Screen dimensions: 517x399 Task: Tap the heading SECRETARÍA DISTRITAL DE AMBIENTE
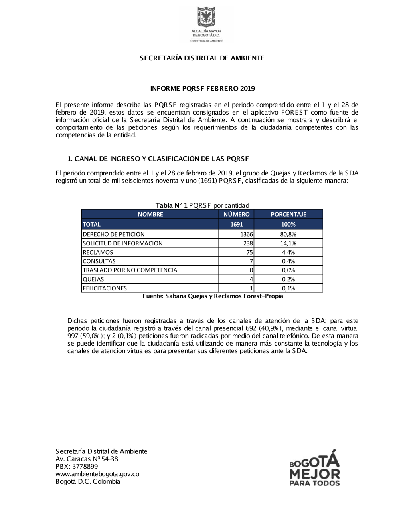pos(202,58)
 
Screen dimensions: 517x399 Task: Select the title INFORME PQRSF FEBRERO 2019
pos(202,88)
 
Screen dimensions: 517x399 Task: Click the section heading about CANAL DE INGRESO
pos(158,159)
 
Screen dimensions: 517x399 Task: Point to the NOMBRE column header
pos(150,214)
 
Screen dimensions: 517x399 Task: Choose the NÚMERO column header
pos(236,214)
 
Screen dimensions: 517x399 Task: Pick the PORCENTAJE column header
pos(288,214)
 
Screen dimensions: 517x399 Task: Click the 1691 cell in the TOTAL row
pos(236,224)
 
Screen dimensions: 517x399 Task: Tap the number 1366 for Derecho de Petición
pos(247,234)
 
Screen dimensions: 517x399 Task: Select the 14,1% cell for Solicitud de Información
pos(288,243)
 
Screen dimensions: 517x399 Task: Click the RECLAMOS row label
pos(98,252)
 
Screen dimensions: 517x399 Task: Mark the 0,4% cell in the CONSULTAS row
pos(288,261)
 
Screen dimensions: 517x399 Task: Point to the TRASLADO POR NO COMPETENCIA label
pos(130,270)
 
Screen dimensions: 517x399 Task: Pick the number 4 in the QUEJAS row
pos(251,279)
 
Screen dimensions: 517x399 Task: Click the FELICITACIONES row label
pos(105,288)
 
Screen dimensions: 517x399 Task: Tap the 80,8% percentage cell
pos(288,234)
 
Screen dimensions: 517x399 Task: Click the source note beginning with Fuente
pos(213,296)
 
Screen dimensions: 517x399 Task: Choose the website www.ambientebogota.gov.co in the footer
pos(97,474)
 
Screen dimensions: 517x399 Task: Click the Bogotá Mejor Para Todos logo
pos(314,469)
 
